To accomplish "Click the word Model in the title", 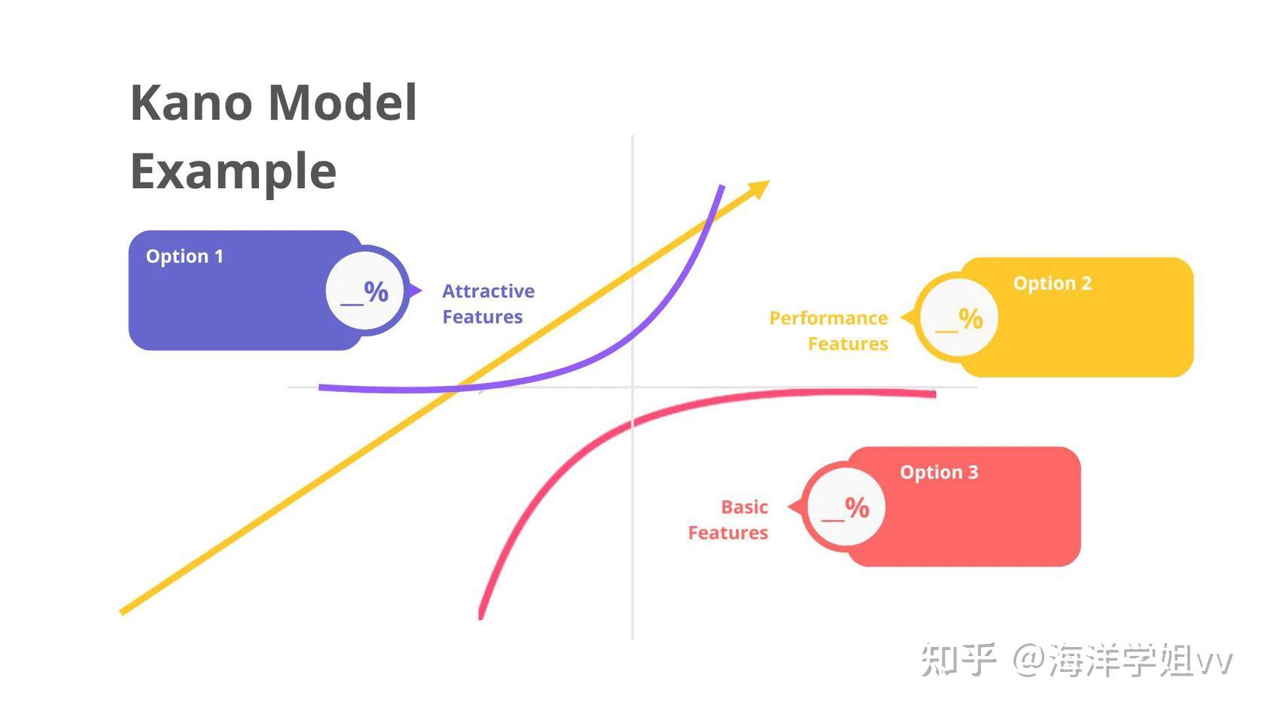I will click(343, 102).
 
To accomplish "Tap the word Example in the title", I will click(233, 171).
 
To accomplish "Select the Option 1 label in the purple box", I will click(184, 257).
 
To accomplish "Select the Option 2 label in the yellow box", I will click(1052, 284).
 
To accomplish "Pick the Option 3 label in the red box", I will click(939, 472).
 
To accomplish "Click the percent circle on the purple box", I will click(365, 291).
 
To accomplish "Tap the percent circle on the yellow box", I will click(959, 318).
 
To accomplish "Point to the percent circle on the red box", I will click(846, 507).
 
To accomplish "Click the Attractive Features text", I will click(488, 304).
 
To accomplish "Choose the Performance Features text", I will click(829, 331).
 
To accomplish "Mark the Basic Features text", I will click(729, 520).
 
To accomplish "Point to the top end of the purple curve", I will click(722, 187).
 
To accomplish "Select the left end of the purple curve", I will click(322, 387).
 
